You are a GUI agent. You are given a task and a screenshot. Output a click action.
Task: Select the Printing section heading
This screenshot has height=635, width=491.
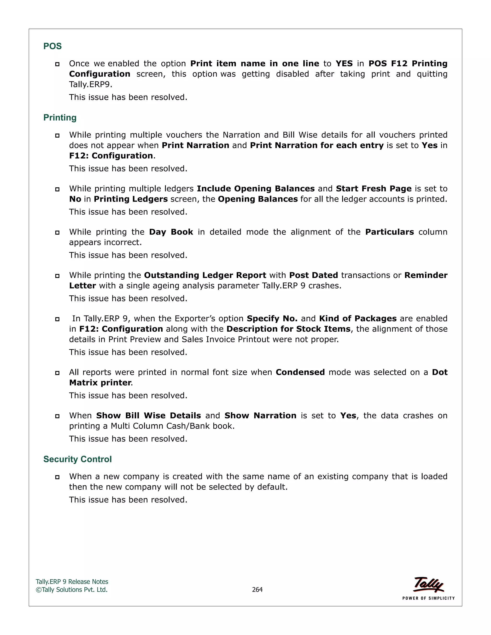(x=60, y=117)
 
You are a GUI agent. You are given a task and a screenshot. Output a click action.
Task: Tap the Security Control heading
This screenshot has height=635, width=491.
(x=77, y=459)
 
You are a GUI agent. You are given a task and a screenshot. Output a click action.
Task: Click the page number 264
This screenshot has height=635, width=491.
(x=257, y=589)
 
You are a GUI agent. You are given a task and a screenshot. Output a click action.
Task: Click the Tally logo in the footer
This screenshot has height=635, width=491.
(x=428, y=584)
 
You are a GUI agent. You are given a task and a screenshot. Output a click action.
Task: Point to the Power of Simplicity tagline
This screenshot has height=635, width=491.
(x=428, y=598)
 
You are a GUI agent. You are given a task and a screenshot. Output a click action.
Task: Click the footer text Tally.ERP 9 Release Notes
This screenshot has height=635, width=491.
(x=72, y=582)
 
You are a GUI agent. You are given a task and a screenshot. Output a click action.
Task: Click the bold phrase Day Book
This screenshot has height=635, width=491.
(x=171, y=232)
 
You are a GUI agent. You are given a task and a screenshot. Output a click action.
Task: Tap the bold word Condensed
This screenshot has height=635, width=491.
(x=300, y=372)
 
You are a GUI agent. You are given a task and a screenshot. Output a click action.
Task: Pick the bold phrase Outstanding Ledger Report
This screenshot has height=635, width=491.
(x=205, y=275)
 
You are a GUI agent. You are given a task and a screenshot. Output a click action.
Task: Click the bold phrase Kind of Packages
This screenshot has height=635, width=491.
(x=358, y=319)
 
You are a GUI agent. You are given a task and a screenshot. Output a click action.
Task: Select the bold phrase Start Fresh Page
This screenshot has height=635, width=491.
(x=374, y=189)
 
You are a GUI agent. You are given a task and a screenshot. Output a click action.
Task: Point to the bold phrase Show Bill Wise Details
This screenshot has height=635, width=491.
(x=148, y=416)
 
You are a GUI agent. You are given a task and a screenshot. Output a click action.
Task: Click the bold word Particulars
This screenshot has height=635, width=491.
(x=390, y=232)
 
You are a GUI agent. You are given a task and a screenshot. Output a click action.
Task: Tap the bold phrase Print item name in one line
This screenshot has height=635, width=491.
(x=255, y=64)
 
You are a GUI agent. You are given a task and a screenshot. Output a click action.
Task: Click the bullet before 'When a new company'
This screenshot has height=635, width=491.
(x=57, y=477)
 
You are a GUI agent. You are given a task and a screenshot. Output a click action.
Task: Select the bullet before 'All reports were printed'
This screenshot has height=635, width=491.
(x=57, y=373)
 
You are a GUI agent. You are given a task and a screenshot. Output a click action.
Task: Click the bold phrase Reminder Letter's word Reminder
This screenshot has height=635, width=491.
(x=426, y=275)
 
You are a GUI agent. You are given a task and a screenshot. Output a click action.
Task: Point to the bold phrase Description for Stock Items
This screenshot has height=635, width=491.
(x=288, y=329)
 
